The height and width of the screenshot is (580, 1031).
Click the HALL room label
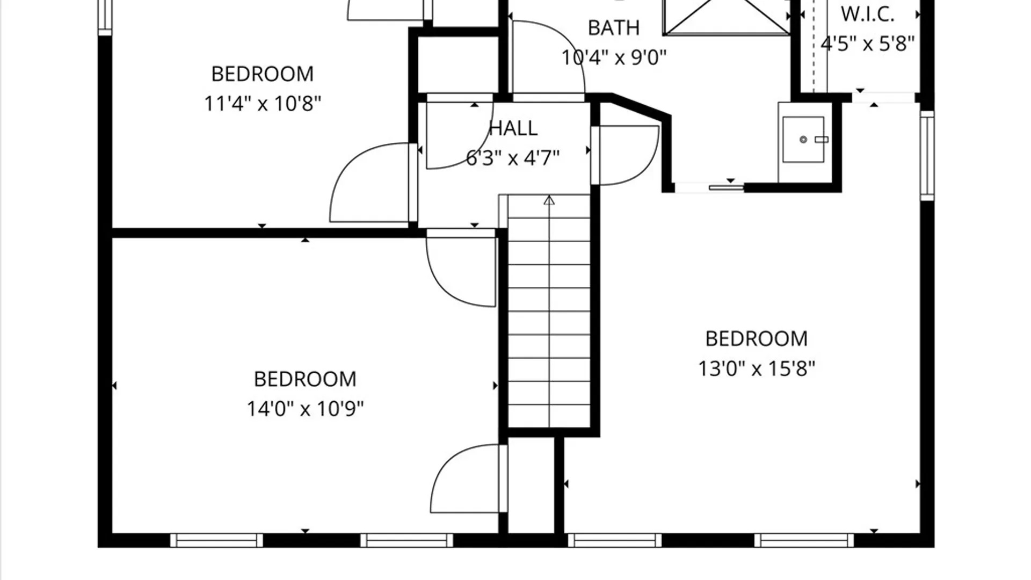coord(513,128)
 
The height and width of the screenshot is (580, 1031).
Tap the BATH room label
coord(614,28)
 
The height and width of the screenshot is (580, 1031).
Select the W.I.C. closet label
coord(867,15)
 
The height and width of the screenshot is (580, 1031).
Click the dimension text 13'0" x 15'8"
coord(757,369)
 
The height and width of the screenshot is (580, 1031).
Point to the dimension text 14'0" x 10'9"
coord(305,409)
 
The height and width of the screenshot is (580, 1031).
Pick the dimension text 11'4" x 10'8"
coord(263,104)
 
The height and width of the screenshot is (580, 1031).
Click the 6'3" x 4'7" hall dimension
coord(513,158)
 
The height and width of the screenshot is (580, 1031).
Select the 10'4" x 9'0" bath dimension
coord(614,57)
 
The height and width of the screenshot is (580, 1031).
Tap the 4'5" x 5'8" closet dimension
coord(867,44)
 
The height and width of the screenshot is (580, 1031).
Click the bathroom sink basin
coord(803,140)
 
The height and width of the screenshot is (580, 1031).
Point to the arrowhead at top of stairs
coord(549,200)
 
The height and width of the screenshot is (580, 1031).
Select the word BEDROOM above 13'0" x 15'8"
coord(757,339)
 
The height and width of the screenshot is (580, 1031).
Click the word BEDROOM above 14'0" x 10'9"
coord(305,379)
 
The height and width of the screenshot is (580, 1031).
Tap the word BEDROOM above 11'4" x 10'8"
coord(263,74)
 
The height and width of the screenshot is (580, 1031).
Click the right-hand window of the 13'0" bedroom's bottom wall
coord(804,540)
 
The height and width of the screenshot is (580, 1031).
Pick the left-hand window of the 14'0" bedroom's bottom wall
coord(217,540)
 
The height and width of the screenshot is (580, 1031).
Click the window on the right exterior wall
coord(927,156)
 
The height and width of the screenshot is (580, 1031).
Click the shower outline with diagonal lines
coord(727,18)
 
